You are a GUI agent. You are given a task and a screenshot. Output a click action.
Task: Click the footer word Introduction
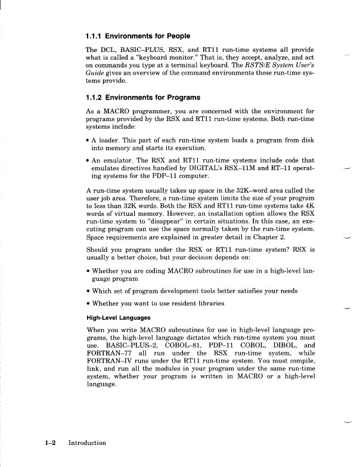click(x=87, y=443)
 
